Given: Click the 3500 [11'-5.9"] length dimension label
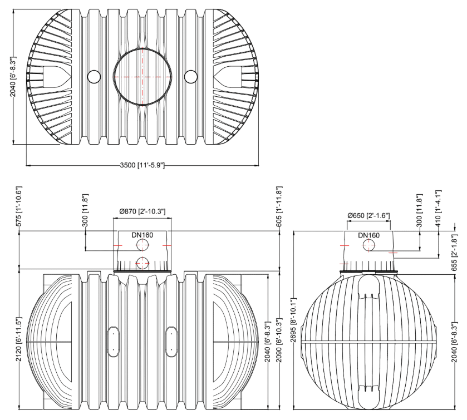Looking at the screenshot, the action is (x=142, y=165).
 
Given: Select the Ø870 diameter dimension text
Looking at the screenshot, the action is (x=142, y=211).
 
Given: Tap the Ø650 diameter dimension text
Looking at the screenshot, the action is (x=368, y=215).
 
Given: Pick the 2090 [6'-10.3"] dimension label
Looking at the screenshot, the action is (x=279, y=340).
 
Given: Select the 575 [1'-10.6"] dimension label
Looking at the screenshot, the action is (x=19, y=206).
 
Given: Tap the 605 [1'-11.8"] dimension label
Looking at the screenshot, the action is (x=279, y=206).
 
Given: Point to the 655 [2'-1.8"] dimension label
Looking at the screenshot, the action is (x=454, y=253).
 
